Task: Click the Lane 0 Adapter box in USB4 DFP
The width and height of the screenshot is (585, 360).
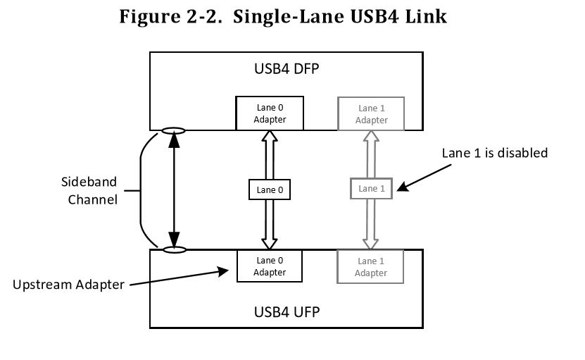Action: click(270, 113)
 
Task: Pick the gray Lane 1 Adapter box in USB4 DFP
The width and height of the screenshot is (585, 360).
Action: click(371, 113)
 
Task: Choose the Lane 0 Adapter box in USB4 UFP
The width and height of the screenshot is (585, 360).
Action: click(270, 266)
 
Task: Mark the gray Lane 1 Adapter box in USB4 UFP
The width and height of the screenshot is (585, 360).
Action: click(371, 266)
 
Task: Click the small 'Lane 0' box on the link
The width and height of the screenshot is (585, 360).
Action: click(270, 189)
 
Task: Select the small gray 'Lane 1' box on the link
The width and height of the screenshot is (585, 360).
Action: click(371, 189)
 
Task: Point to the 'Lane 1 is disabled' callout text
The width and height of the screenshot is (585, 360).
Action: click(494, 153)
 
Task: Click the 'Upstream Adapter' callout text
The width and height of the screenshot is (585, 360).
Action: click(68, 285)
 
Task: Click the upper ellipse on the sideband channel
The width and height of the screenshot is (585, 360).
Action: click(173, 130)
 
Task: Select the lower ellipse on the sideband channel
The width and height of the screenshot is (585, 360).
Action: click(173, 249)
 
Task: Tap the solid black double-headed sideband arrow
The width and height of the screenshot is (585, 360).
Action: click(173, 190)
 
